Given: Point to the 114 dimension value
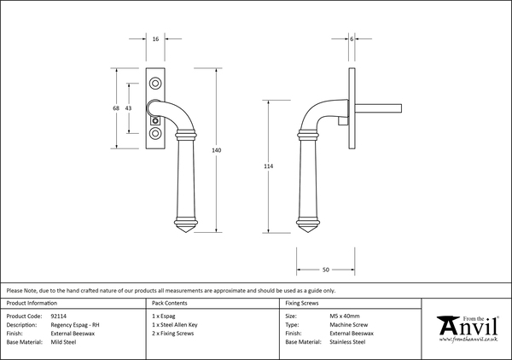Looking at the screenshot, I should click(270, 166).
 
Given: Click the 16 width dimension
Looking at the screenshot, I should click(155, 39).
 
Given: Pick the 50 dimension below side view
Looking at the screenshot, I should click(325, 268).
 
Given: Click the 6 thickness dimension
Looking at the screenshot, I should click(352, 39).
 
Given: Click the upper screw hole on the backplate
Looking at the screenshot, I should click(155, 83).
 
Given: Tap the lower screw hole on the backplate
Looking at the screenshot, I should click(155, 133).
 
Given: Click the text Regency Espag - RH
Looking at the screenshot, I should click(77, 324).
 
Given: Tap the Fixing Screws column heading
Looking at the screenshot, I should click(303, 303).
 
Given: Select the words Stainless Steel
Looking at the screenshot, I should click(347, 341).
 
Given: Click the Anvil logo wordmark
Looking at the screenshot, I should click(467, 327).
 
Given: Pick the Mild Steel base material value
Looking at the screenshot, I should click(66, 341).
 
